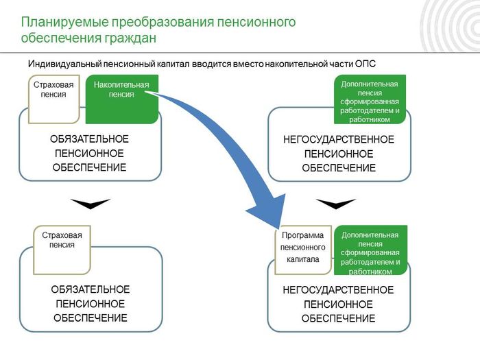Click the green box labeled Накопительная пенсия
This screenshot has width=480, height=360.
tap(122, 99)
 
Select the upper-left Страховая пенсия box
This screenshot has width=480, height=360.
tap(54, 99)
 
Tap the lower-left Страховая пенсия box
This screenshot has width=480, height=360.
tap(62, 250)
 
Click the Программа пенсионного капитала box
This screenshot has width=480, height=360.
tap(303, 250)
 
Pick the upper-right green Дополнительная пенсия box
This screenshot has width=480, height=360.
tap(370, 99)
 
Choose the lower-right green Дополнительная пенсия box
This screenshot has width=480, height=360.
tap(370, 250)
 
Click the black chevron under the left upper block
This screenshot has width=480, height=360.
tap(91, 204)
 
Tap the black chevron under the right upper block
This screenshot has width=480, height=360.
tap(336, 204)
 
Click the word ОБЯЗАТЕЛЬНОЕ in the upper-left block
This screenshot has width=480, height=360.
tap(89, 139)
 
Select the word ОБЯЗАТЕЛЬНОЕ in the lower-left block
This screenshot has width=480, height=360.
tap(91, 289)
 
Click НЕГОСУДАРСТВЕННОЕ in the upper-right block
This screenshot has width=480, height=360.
tap(339, 140)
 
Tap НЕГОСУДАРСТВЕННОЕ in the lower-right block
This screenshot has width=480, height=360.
tap(338, 290)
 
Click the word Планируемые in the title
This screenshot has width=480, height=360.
tap(65, 23)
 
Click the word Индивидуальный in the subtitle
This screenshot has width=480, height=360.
tap(64, 64)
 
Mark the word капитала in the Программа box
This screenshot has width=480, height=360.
tap(303, 259)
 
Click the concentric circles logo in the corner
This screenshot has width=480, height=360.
tap(450, 26)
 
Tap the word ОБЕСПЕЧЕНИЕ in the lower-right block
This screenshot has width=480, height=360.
tap(338, 318)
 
